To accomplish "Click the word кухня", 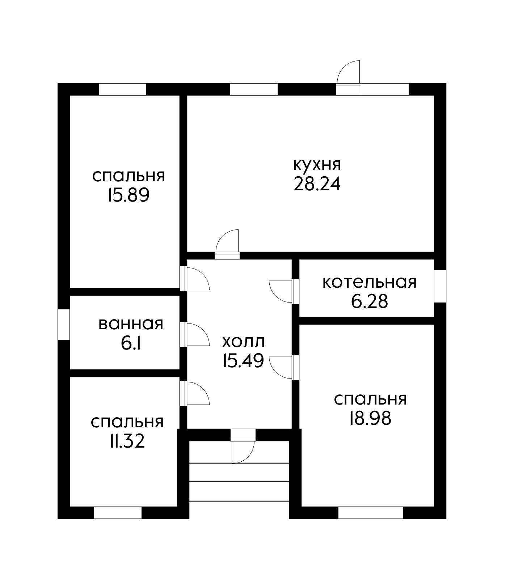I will tap(317, 165).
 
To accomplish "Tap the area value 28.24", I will tap(317, 184).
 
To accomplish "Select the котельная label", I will tap(369, 282).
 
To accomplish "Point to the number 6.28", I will tap(369, 301).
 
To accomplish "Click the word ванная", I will tap(131, 324).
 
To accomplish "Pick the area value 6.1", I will tap(131, 343).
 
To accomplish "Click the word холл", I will tap(243, 342).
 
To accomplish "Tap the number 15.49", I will tap(243, 361).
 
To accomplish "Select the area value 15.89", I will tap(128, 196).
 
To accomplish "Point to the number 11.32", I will tap(127, 441).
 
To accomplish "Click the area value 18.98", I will tap(370, 419).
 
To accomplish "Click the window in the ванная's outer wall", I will tap(64, 324).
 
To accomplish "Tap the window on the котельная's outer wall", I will tap(440, 286).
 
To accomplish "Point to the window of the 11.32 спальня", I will tap(118, 512).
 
